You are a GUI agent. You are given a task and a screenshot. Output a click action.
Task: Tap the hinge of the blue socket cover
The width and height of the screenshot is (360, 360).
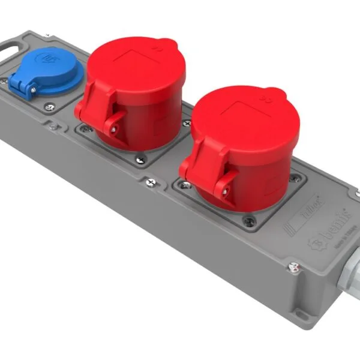tap(24, 89)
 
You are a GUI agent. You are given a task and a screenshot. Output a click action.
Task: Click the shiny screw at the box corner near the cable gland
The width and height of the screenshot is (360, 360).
tap(293, 266)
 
